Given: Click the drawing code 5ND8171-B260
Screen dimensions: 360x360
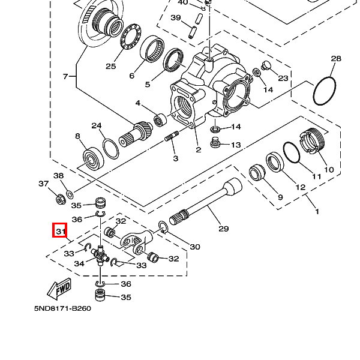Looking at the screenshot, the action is (x=62, y=308).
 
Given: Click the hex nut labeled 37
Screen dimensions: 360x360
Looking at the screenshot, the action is (x=61, y=200).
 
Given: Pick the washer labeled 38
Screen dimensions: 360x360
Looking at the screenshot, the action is (x=70, y=194).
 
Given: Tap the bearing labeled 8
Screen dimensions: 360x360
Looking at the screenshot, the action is (x=93, y=159).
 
